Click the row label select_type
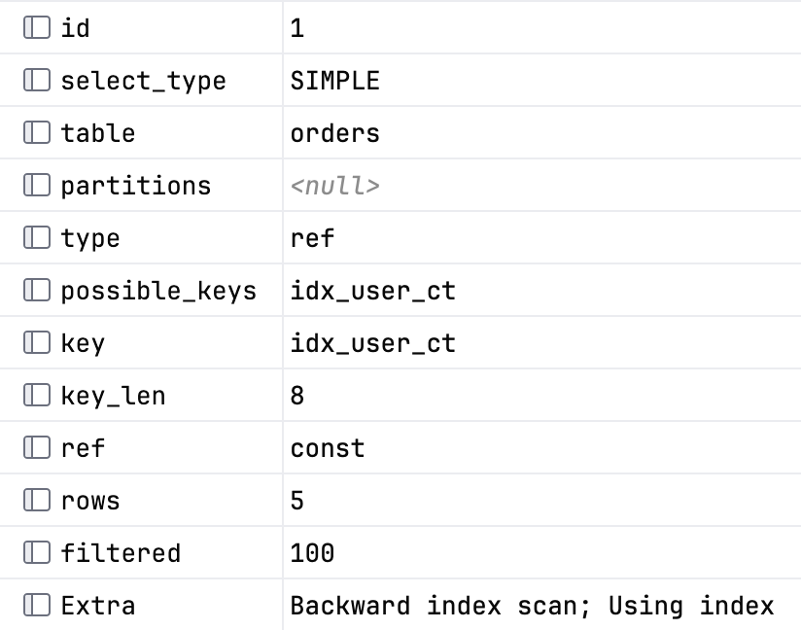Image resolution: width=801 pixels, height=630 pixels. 143,82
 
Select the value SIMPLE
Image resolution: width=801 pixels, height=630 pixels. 335,81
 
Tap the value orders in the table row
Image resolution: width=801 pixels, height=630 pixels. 335,133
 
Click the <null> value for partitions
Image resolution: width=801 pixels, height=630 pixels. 335,186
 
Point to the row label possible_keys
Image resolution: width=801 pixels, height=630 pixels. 158,292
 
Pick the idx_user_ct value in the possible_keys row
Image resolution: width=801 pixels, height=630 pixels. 373,292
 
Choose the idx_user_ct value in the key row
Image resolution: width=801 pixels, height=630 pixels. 373,343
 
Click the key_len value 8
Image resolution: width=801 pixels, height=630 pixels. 297,396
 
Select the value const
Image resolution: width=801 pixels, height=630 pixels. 328,448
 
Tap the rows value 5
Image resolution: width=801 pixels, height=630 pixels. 297,501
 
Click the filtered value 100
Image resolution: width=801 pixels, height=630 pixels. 312,553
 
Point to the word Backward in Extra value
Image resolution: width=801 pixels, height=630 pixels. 350,606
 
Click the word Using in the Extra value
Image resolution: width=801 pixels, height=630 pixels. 645,607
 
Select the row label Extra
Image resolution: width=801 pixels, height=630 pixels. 98,606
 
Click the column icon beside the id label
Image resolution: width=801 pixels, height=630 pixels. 37,27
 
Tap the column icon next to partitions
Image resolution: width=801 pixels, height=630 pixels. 37,185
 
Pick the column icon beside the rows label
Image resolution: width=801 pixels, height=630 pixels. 37,501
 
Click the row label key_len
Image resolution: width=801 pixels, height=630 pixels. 113,397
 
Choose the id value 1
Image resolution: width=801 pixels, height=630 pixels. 297,28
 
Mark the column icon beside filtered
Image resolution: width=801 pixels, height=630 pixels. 37,553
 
